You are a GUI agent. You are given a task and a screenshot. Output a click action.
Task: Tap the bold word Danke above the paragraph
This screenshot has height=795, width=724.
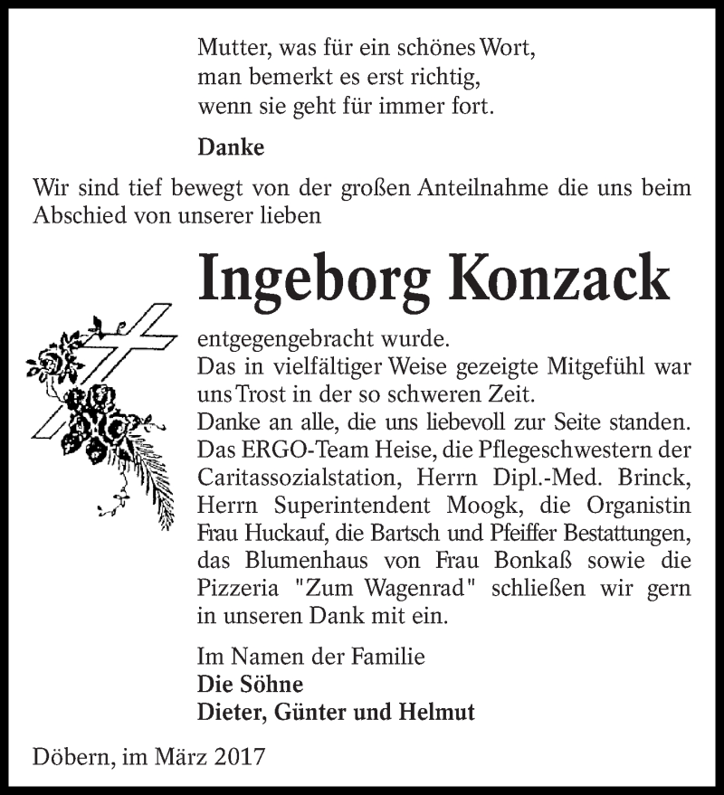click(x=231, y=147)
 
